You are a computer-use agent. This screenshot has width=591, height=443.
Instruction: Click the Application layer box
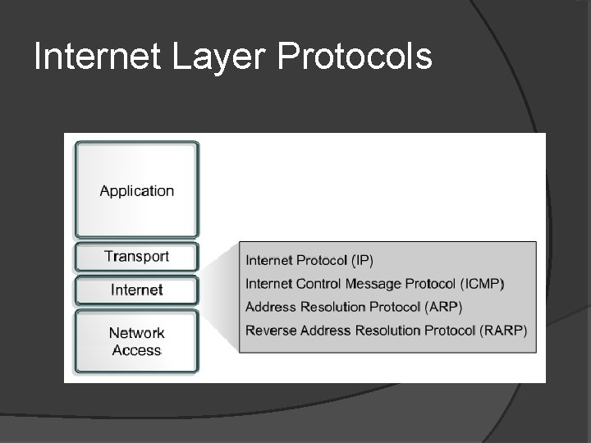[x=137, y=190]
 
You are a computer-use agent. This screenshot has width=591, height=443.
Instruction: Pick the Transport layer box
[x=137, y=256]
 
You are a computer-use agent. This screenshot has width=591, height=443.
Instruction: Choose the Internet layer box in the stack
[x=137, y=290]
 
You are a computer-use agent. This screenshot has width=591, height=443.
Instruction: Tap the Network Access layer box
[x=137, y=341]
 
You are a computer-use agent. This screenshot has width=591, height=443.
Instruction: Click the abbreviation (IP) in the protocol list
[x=362, y=262]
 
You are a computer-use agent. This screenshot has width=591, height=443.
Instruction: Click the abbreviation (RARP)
[x=503, y=331]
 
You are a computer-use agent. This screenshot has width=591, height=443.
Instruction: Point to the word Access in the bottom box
[x=137, y=350]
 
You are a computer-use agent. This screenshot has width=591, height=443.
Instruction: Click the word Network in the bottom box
[x=137, y=333]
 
